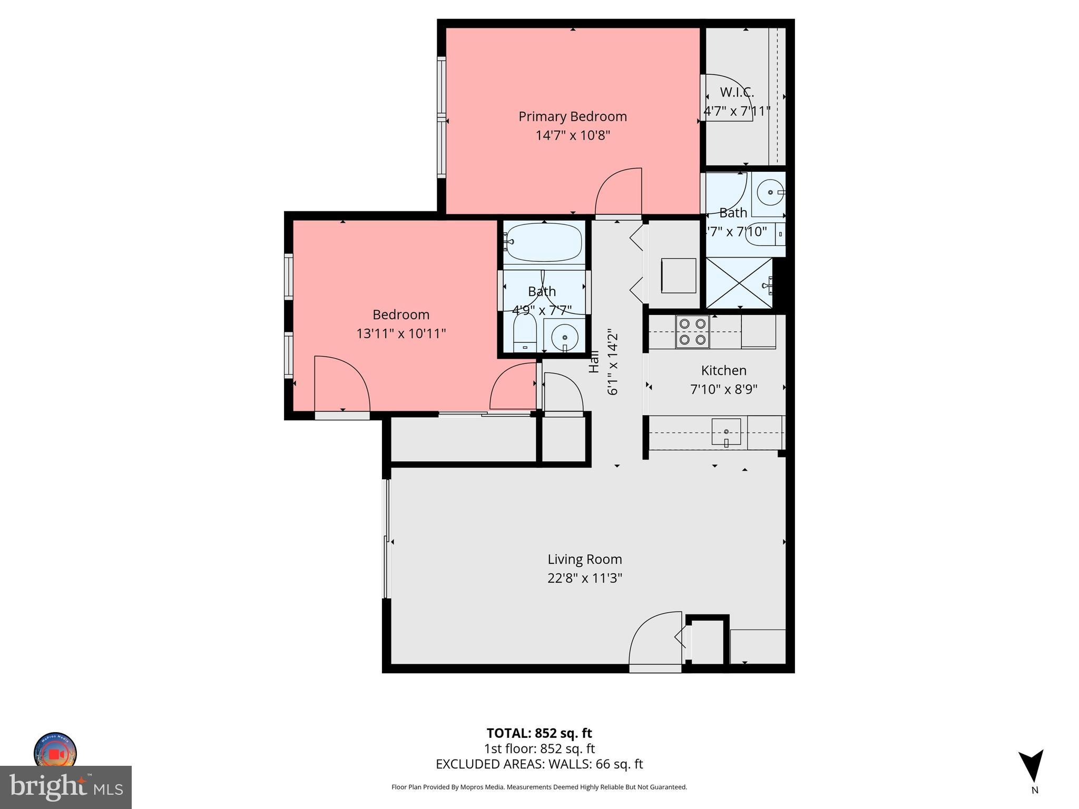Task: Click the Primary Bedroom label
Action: click(x=572, y=116)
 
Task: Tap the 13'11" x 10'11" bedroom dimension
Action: click(x=401, y=333)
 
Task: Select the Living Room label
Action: click(x=584, y=559)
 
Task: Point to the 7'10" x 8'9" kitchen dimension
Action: click(x=723, y=389)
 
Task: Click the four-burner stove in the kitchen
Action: click(x=692, y=332)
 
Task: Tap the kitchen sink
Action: click(x=726, y=432)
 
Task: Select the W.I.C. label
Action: click(x=737, y=92)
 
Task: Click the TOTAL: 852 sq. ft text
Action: click(x=539, y=733)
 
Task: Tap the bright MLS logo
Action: click(x=66, y=787)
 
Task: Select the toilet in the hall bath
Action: click(x=524, y=332)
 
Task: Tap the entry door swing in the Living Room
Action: click(x=655, y=639)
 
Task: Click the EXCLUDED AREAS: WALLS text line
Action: click(x=539, y=764)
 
